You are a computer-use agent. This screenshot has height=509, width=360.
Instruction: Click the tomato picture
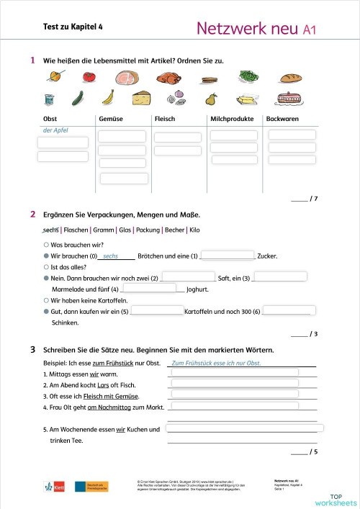pyautogui.click(x=89, y=76)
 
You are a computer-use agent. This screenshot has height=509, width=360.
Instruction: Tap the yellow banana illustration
pyautogui.click(x=109, y=96)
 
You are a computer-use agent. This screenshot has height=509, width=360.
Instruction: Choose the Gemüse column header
pyautogui.click(x=110, y=119)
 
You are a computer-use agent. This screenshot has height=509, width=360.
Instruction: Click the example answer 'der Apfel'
pyautogui.click(x=58, y=130)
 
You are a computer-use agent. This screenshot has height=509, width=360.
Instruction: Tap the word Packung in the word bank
pyautogui.click(x=149, y=230)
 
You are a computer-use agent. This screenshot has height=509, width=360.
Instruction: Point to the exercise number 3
pyautogui.click(x=33, y=350)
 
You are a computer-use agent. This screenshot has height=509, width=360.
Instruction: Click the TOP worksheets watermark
pyautogui.click(x=335, y=498)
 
